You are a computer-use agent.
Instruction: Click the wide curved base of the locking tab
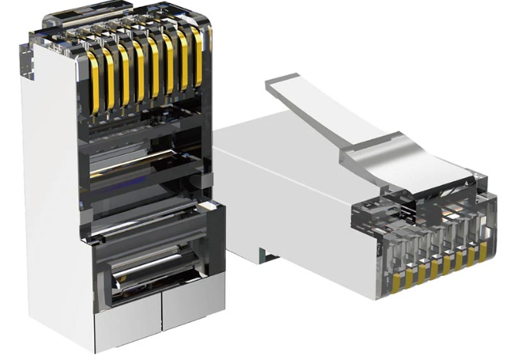pos(401,167)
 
